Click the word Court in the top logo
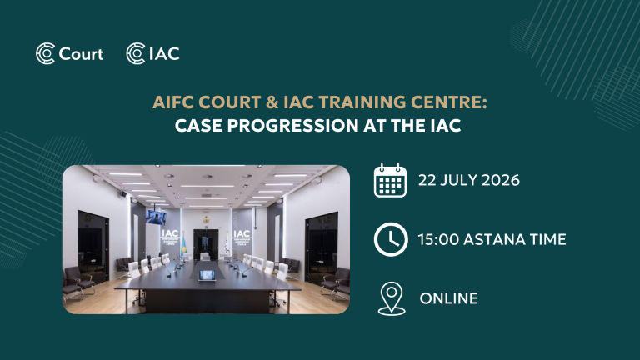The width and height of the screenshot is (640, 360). [x=81, y=54]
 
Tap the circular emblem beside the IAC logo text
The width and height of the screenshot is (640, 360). [x=136, y=53]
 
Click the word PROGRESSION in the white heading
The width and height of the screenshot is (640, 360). [x=292, y=125]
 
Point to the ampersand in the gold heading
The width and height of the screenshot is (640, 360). [x=272, y=102]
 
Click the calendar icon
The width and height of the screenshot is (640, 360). [x=390, y=180]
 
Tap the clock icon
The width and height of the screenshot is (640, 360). [x=391, y=239]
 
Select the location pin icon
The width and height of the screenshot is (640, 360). [x=392, y=298]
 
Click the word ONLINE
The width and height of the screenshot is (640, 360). [x=448, y=298]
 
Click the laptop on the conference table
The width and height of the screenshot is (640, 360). [x=207, y=275]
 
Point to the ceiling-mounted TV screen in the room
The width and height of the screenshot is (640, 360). [x=156, y=217]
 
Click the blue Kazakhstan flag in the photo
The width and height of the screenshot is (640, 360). [x=182, y=244]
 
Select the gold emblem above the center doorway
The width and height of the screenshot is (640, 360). [x=206, y=220]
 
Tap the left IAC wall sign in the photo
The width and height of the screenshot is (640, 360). [x=170, y=237]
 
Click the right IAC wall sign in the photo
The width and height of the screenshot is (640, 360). [x=242, y=237]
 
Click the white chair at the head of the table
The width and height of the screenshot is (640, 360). [x=205, y=257]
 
